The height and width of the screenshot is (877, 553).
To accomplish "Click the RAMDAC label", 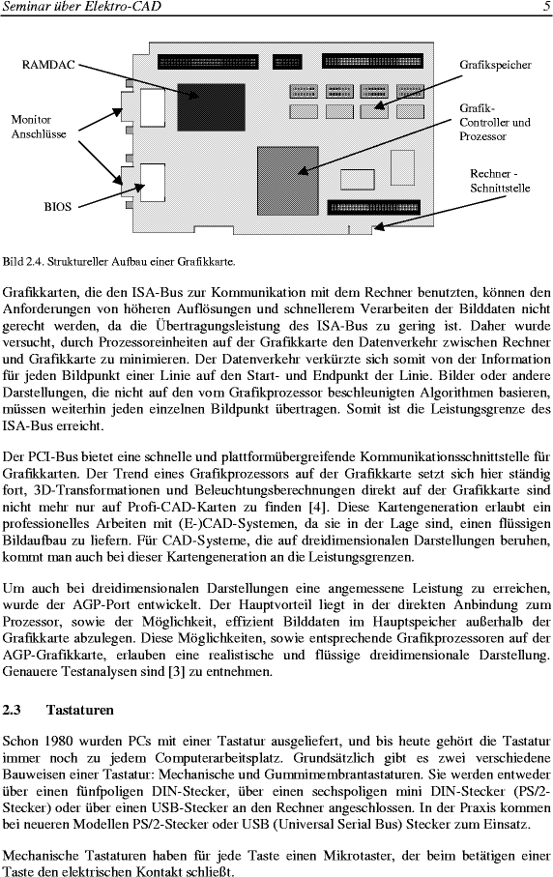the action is pos(48,65).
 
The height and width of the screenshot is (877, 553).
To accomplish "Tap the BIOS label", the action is pos(58,206).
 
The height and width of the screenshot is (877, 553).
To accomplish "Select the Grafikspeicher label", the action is pos(495,65).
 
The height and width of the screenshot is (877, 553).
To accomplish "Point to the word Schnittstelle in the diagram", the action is pos(500,189).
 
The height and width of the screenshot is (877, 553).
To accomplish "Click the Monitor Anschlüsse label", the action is pos(39,127).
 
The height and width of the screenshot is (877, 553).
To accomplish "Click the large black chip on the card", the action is pos(212,106).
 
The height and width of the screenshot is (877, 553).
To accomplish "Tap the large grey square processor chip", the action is pos(287,180).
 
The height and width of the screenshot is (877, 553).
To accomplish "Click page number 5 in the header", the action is pos(546,7).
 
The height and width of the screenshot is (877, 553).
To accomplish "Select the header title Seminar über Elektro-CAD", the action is pos(81,7).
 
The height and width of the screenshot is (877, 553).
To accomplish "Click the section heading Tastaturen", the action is pos(80,710).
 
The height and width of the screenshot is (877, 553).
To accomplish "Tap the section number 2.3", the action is pos(12,710).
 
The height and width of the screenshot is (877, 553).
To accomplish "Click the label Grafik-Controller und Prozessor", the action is pos(495,122).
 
